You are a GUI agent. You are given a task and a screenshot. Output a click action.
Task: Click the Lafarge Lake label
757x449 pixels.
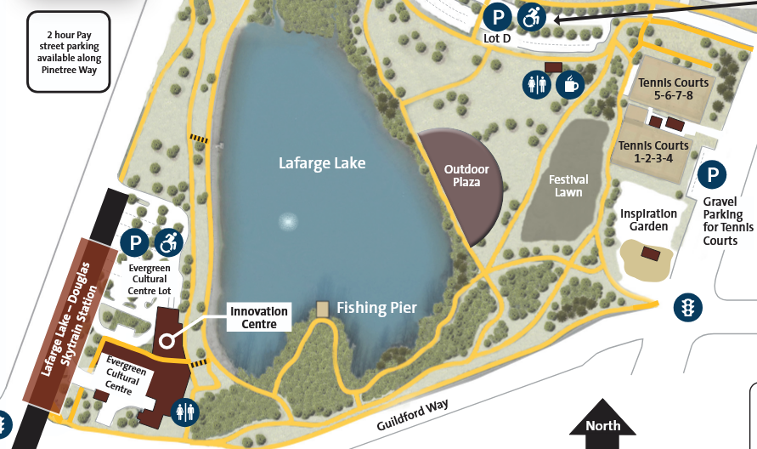[322, 162]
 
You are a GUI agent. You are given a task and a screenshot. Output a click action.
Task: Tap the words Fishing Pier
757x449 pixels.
[376, 308]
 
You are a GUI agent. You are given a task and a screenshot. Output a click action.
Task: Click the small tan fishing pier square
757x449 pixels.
[322, 309]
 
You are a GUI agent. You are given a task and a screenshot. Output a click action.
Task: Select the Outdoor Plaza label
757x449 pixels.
[467, 175]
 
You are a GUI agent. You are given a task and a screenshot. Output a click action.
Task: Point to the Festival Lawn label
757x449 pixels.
[568, 185]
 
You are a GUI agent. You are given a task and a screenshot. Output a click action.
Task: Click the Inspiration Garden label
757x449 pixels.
[648, 220]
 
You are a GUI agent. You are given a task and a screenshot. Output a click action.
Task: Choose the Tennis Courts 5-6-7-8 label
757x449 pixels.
[674, 88]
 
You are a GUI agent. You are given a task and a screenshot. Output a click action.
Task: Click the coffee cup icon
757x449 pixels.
[568, 83]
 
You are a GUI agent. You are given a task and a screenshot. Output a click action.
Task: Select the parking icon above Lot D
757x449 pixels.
[498, 15]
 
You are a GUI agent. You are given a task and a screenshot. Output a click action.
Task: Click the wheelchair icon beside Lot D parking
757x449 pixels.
[532, 15]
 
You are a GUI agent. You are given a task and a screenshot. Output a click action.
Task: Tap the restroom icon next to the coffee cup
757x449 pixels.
[536, 83]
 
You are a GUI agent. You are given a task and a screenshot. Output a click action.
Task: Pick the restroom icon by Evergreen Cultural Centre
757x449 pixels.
[184, 412]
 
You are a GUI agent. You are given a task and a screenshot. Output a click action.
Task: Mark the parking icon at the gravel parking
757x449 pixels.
[712, 175]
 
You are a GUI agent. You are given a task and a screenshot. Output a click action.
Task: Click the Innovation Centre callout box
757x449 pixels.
[259, 317]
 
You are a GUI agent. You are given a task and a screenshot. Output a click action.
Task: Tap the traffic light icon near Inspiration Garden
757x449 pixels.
[686, 307]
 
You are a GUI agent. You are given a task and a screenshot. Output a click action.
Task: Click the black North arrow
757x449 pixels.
[603, 427]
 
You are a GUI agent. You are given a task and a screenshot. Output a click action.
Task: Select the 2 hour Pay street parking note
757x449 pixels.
[69, 52]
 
